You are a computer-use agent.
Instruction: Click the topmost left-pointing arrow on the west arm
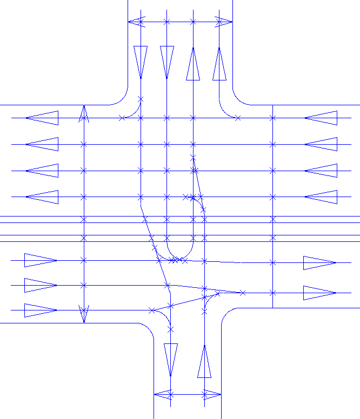click(42, 118)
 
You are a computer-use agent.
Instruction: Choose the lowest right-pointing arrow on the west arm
click(41, 310)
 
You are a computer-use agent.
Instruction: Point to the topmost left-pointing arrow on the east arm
click(321, 118)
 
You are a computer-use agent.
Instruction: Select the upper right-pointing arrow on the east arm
click(319, 263)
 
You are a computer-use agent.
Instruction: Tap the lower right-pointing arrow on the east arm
click(319, 293)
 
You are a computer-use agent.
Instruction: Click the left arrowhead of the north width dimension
click(135, 22)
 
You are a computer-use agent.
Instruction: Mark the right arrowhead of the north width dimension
click(225, 22)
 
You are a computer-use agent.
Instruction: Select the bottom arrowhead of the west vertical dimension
click(84, 315)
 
